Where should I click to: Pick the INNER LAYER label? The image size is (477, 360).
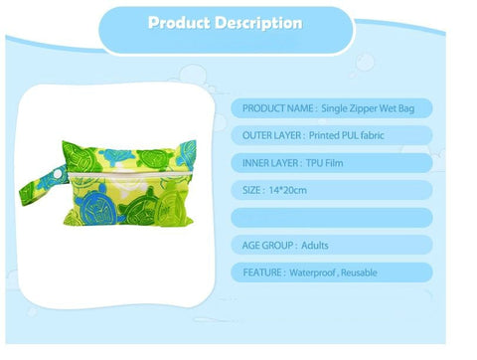coord(273,163)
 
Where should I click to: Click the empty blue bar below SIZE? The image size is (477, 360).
coord(333,217)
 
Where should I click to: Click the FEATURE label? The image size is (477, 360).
coord(263,271)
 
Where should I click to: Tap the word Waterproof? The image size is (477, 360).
coord(317,271)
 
